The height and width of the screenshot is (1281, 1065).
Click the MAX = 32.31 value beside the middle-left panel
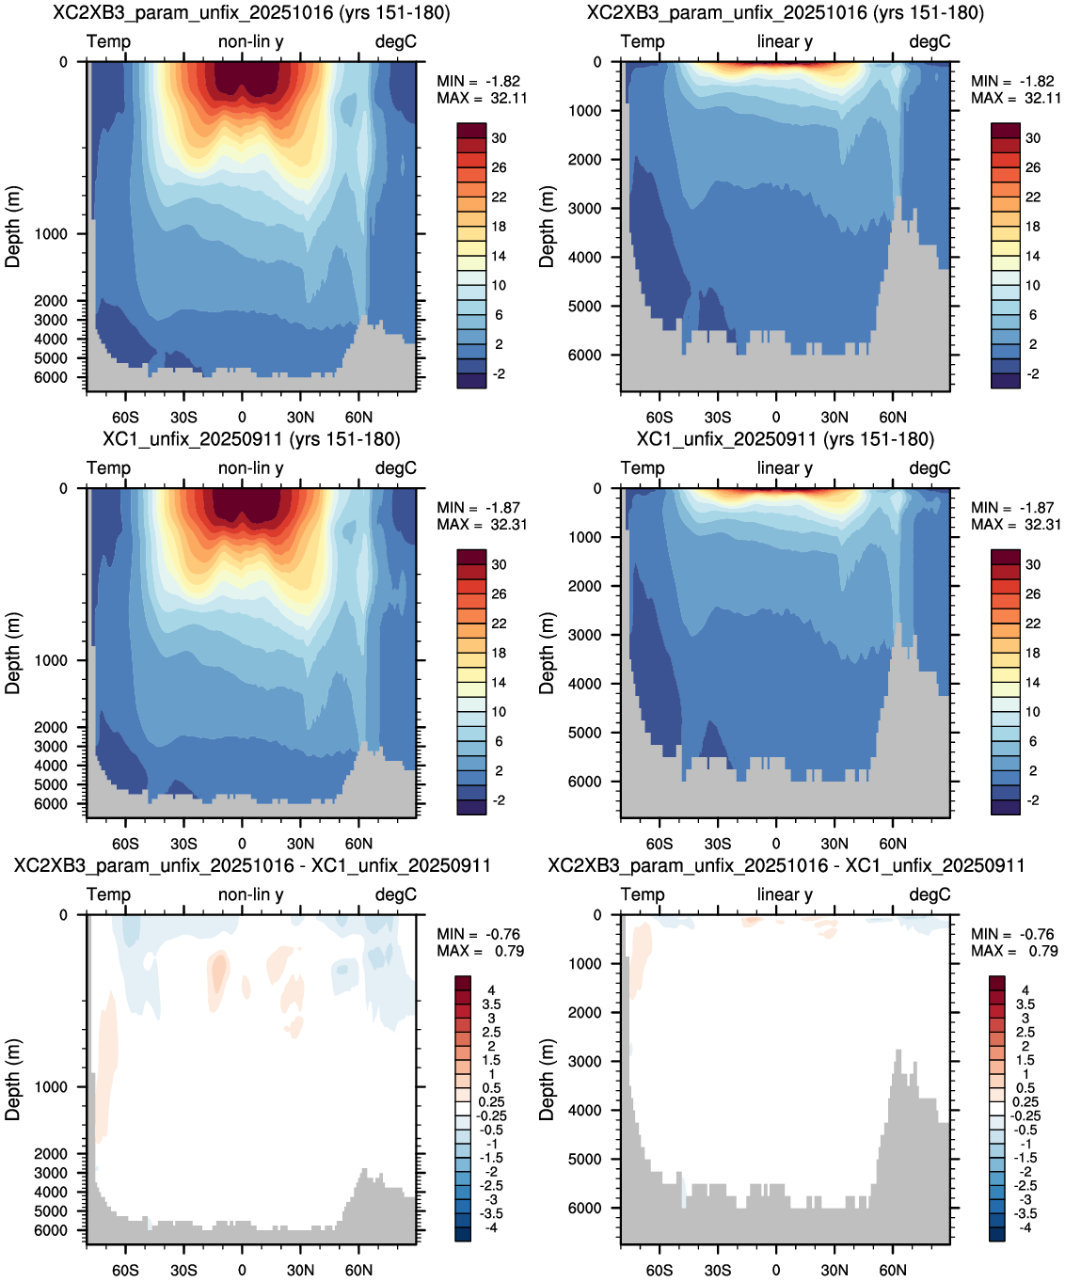click(482, 525)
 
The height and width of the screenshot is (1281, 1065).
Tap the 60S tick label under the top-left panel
click(125, 418)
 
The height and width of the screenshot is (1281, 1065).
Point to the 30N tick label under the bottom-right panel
click(835, 1270)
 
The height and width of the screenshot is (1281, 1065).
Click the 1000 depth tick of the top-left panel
click(50, 234)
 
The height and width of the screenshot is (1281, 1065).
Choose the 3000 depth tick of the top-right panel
click(584, 208)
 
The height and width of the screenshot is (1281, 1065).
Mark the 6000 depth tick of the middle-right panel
click(584, 781)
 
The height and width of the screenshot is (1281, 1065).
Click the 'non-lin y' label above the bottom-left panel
click(250, 894)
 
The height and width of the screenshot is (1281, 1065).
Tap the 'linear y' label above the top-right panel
click(785, 41)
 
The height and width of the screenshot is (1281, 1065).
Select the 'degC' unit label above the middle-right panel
click(930, 468)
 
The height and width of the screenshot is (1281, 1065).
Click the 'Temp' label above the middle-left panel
click(108, 468)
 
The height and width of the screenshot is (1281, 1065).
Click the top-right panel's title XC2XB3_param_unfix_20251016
click(727, 12)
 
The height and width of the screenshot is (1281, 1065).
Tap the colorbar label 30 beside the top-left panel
click(499, 138)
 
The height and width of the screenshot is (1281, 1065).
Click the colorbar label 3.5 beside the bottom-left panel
click(491, 1004)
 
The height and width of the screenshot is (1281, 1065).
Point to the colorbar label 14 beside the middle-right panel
click(1032, 682)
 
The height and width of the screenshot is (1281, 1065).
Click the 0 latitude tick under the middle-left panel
click(242, 844)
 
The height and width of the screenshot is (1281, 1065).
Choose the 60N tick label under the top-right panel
click(893, 418)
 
